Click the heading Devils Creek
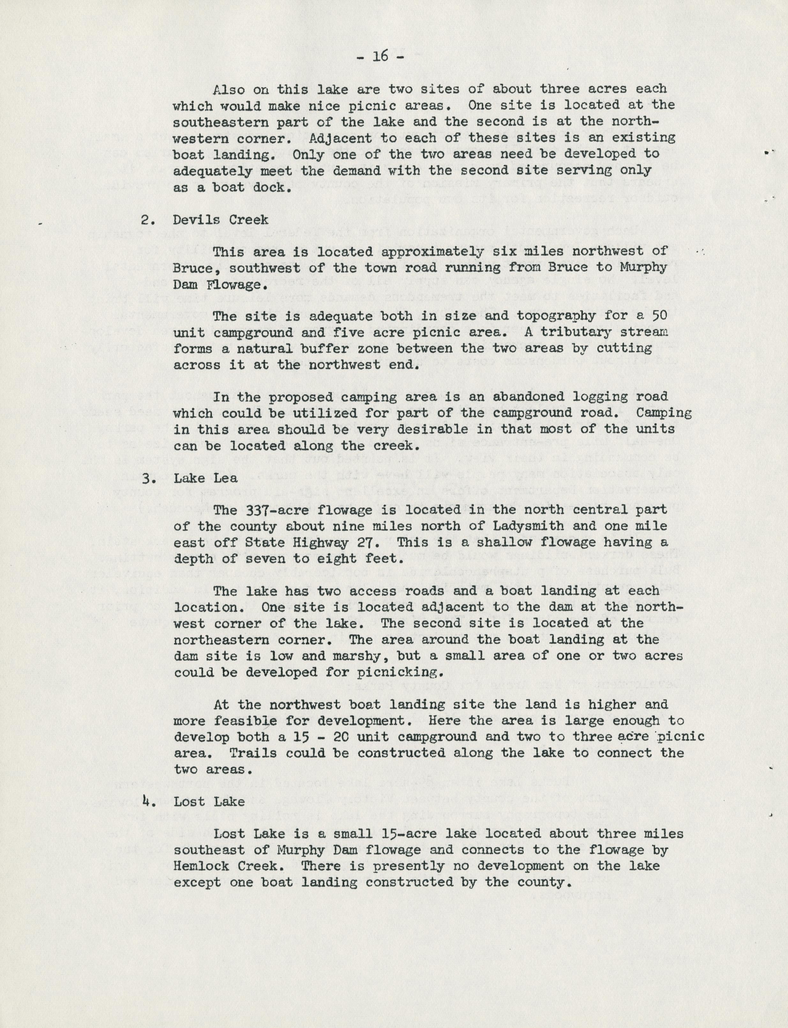tap(221, 220)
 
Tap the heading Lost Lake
tap(209, 801)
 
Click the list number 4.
tap(148, 801)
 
